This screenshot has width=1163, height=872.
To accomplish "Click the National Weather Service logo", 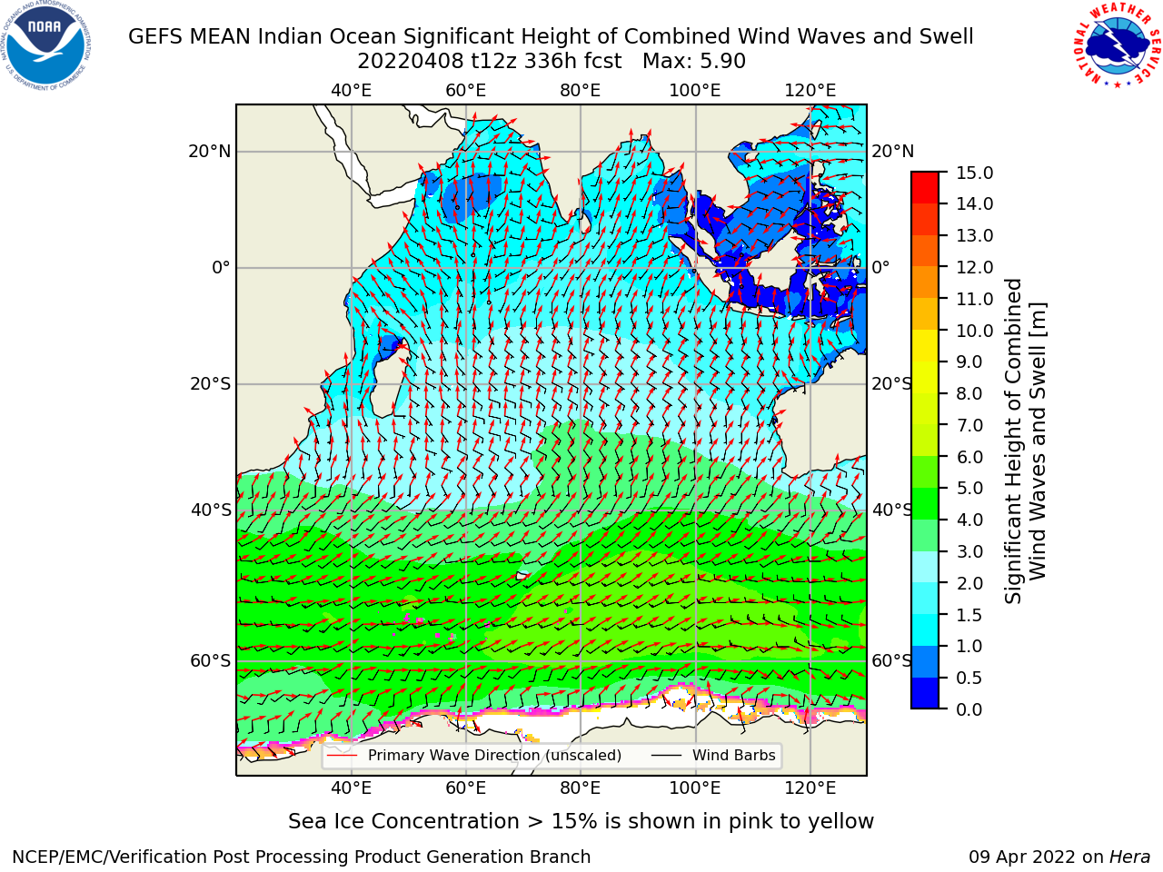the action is pos(1117,45).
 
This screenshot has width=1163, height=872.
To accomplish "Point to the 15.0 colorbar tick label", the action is pos(974,173).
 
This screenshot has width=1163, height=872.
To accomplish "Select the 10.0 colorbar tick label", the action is pos(974,331).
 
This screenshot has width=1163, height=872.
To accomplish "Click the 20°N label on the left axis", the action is pos(210,152).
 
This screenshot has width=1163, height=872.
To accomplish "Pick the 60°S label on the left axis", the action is pos(211,660).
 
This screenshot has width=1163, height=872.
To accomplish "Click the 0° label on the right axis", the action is pos(880,267).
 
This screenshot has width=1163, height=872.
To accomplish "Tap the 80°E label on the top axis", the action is pos(581,91).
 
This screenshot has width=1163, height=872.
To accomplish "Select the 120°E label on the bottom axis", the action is pos(810,788).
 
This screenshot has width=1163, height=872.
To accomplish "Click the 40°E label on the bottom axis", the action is pos(352,788).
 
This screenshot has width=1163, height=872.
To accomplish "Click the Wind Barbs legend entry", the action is pos(713,755).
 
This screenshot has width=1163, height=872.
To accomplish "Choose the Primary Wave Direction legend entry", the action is pos(474,755).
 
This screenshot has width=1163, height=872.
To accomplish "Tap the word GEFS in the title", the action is pos(154,36).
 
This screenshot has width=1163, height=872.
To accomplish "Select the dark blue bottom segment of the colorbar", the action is pos(925,693).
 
